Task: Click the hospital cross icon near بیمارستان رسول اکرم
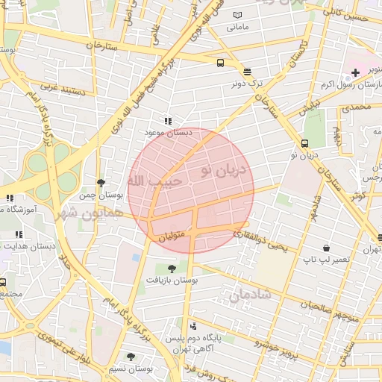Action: (x=355, y=73)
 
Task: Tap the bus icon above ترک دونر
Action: (x=220, y=63)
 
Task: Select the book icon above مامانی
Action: (x=237, y=15)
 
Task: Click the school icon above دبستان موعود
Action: (x=168, y=120)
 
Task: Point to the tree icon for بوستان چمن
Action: (x=101, y=182)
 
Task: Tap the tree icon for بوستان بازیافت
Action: (x=172, y=268)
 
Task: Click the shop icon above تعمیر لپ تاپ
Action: (x=326, y=248)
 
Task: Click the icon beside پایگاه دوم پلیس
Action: (x=194, y=326)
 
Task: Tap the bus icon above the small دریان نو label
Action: (x=304, y=144)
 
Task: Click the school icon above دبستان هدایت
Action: (x=18, y=235)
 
